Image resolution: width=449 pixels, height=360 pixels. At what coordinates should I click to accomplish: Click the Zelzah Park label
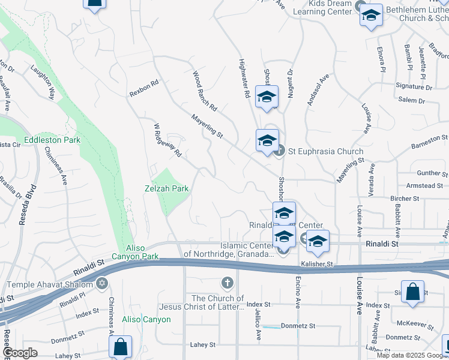pos(166,188)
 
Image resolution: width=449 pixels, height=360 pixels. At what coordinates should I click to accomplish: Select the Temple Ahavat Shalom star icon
pos(101,283)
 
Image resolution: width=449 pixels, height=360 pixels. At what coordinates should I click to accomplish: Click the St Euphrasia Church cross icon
pos(279,151)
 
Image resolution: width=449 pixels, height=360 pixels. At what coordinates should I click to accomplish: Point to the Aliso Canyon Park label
pos(142,253)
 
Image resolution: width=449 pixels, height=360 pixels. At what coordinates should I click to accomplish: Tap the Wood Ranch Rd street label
pos(204,91)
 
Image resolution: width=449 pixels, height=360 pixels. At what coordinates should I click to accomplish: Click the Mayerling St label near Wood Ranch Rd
pos(207,127)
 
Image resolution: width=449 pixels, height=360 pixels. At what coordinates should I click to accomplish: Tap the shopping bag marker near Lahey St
pos(120,347)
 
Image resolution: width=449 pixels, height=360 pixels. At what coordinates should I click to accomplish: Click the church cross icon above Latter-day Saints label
pos(227,282)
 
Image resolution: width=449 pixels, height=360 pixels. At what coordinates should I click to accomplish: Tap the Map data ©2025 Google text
pos(412,355)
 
